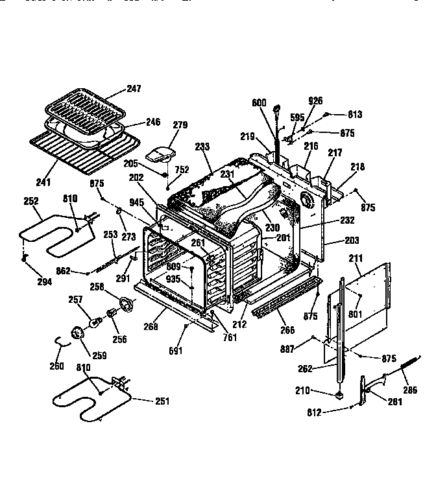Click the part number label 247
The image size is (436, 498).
click(134, 88)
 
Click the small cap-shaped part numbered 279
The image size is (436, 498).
click(159, 154)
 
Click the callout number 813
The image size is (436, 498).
click(354, 115)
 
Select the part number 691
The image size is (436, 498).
click(176, 351)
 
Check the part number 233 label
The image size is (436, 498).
click(202, 147)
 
